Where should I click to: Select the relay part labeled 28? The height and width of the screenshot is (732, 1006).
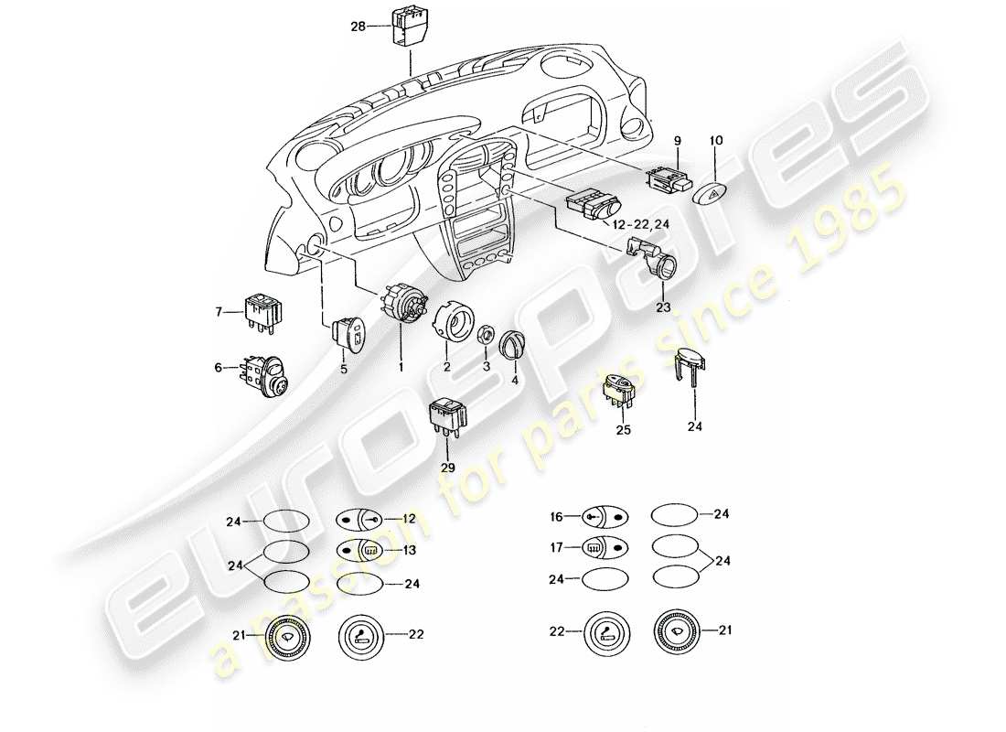(408, 27)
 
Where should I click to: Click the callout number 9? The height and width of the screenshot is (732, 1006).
(678, 140)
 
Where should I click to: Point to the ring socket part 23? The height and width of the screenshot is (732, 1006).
(661, 268)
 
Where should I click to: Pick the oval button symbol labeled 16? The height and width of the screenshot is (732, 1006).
(605, 517)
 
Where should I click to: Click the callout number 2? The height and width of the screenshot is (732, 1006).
(447, 367)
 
